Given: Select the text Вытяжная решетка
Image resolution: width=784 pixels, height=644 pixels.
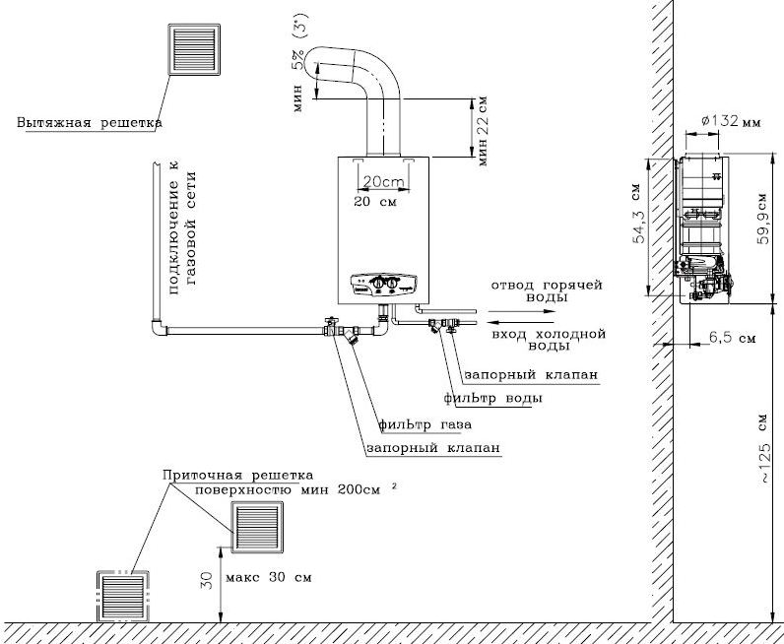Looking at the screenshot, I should (89, 124).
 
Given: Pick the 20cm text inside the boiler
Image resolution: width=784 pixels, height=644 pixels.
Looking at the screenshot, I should (381, 182).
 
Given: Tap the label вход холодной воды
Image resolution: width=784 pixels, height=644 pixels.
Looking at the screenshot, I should (546, 340).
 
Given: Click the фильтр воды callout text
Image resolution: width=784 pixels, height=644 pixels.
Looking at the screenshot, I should (492, 399).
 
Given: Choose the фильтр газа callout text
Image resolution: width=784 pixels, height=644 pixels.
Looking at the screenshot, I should (425, 425).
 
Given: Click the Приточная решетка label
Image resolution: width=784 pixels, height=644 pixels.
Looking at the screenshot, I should (237, 475).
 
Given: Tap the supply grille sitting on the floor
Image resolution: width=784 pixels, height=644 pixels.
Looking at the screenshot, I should (124, 596).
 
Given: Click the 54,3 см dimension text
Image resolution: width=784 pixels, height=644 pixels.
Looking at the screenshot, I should (639, 225).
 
